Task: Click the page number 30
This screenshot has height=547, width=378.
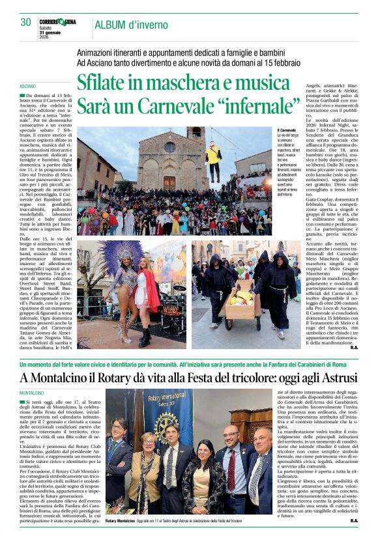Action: point(25,23)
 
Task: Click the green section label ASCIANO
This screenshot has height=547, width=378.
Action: point(27,86)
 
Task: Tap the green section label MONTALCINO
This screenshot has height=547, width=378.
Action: point(32,394)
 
